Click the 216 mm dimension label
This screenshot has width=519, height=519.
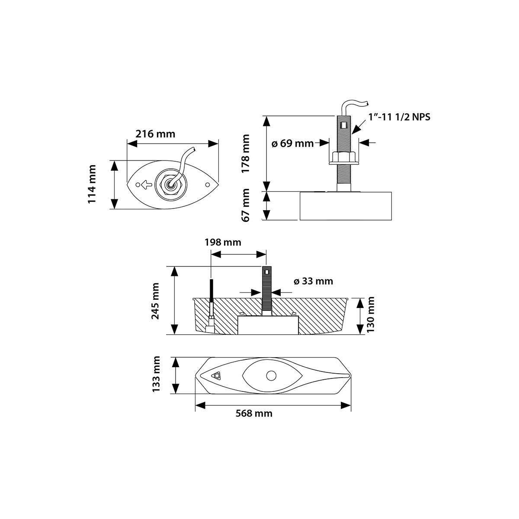click(155, 134)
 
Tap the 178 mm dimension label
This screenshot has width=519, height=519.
click(245, 154)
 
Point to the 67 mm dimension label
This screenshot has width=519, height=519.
click(245, 205)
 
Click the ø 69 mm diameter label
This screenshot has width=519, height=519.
click(292, 143)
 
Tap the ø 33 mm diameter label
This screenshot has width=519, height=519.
click(313, 281)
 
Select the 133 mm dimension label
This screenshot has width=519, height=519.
click(156, 375)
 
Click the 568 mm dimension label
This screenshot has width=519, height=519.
click(254, 413)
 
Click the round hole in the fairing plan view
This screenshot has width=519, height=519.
click(271, 376)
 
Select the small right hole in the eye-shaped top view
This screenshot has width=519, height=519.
click(207, 185)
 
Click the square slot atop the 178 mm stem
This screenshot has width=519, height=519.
click(344, 125)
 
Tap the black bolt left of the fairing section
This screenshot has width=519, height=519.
click(211, 298)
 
